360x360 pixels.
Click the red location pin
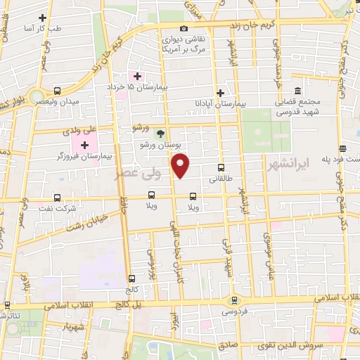(x=181, y=167)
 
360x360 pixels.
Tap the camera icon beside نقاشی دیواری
(x=184, y=29)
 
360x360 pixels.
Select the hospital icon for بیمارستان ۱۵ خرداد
(x=138, y=75)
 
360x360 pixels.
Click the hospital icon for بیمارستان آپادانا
(x=220, y=92)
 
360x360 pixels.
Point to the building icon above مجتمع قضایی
(x=297, y=91)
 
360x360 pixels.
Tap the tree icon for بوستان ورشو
(x=161, y=133)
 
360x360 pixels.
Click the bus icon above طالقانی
(x=221, y=167)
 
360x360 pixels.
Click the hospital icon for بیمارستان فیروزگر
(x=84, y=146)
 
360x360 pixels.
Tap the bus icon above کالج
(x=132, y=278)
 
